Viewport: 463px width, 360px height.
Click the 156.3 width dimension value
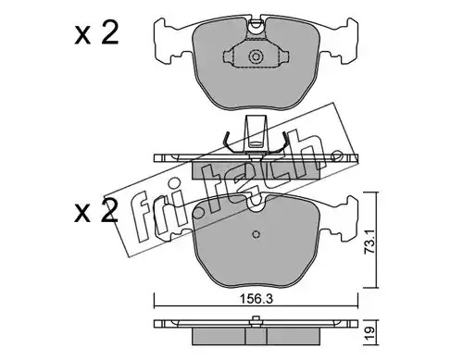click(256, 299)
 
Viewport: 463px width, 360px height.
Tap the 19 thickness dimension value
click(371, 333)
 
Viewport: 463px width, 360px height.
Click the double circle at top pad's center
click(256, 56)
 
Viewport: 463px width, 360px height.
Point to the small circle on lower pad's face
click(256, 234)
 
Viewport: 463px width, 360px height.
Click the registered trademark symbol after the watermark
click(336, 156)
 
